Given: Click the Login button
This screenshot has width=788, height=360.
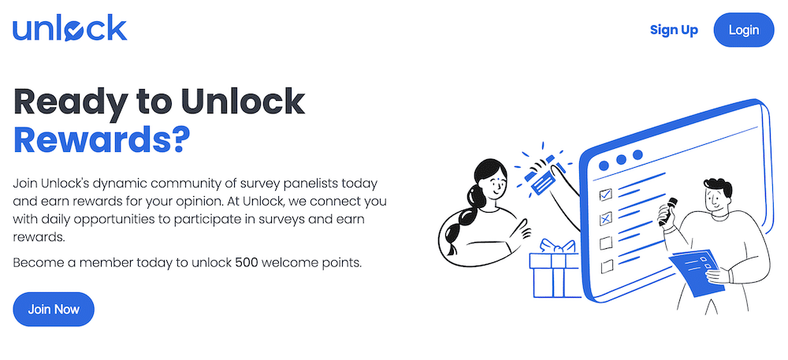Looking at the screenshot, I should tap(744, 30).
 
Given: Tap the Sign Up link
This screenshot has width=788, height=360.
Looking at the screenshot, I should tap(674, 30).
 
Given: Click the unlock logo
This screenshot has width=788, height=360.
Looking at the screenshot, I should tap(69, 29).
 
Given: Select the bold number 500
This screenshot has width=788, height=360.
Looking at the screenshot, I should tap(247, 262).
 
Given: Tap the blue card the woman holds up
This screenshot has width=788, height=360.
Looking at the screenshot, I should tap(543, 182).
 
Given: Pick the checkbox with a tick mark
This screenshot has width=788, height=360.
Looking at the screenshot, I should tap(606, 194).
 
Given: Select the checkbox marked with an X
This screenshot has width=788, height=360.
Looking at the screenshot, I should tap(606, 218).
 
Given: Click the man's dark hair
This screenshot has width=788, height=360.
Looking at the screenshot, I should tap(719, 188).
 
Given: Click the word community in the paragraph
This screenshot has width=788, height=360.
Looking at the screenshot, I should tap(178, 183).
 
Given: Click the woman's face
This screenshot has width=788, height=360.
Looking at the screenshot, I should tap(493, 187).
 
